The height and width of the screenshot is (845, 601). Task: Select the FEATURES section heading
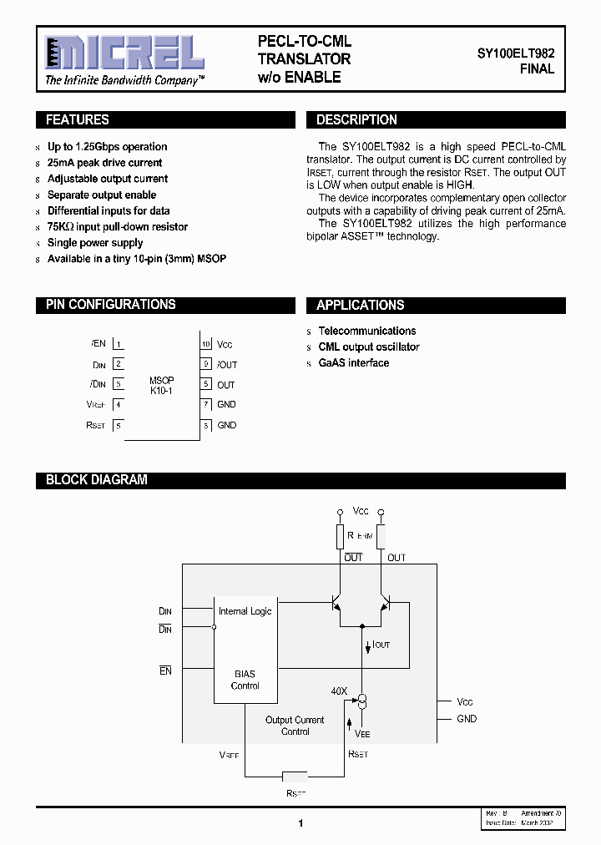(77, 120)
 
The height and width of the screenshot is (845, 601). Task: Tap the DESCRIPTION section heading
(356, 120)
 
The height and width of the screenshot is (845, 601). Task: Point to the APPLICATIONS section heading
(360, 306)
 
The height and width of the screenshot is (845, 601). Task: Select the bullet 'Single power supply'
(95, 243)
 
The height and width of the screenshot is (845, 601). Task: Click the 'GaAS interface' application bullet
(353, 363)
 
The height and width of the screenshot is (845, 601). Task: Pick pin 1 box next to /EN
(119, 344)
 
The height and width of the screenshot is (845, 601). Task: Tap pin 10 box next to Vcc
(205, 344)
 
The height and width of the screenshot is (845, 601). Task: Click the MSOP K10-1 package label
(161, 385)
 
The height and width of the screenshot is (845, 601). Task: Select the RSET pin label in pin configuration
(96, 426)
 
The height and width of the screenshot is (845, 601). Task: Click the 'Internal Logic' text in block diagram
(245, 611)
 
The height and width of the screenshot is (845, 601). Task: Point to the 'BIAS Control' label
(245, 680)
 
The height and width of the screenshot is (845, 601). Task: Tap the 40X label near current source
(339, 691)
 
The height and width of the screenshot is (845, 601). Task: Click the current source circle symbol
(362, 699)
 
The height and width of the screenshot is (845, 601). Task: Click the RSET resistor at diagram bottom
(296, 774)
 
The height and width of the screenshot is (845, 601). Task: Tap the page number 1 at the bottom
(300, 823)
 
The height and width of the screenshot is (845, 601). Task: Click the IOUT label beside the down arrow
(381, 645)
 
